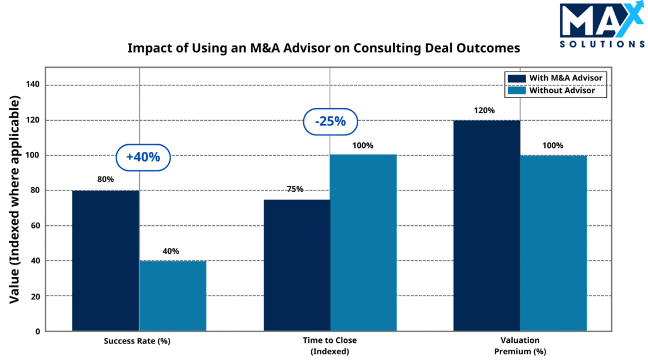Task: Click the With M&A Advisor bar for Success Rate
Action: (x=106, y=261)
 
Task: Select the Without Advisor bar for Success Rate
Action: (x=173, y=295)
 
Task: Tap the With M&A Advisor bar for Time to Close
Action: (x=296, y=265)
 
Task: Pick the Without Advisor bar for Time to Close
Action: (x=363, y=243)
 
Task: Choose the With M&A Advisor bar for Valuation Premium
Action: (x=487, y=225)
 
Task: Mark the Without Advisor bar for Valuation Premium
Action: (x=554, y=243)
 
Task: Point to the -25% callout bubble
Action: (x=330, y=122)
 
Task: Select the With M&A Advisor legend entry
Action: (x=557, y=78)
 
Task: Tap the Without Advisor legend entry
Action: (x=557, y=90)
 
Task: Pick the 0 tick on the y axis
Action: (x=37, y=331)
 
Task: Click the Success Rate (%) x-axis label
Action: (x=137, y=341)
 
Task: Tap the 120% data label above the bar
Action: (x=484, y=110)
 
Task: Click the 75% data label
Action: (x=295, y=189)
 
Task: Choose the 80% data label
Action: (x=105, y=180)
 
